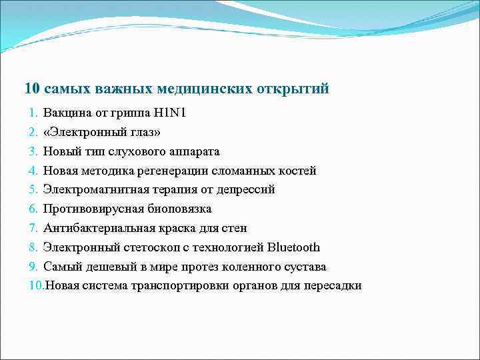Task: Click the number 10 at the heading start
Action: click(31, 89)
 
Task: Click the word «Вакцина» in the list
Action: click(65, 113)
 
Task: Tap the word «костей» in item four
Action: click(297, 171)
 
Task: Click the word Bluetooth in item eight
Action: click(293, 248)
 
